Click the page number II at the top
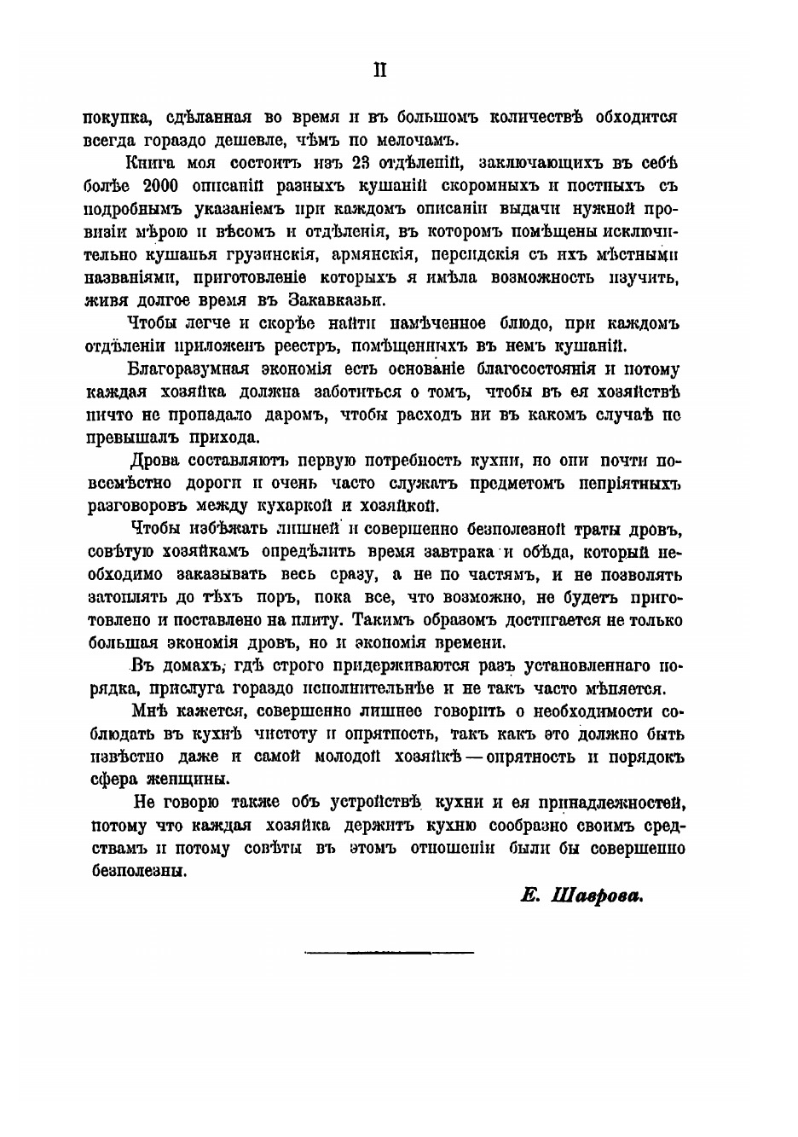pyautogui.click(x=380, y=71)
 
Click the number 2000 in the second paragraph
pyautogui.click(x=153, y=187)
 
